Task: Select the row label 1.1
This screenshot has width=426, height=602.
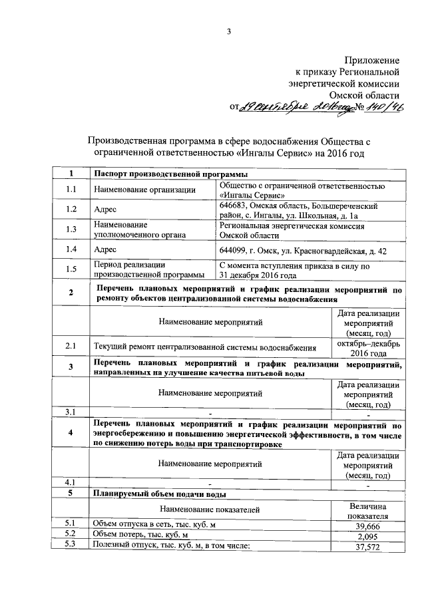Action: click(71, 190)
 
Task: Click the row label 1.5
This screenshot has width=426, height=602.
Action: click(71, 269)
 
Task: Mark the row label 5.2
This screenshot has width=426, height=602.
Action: click(71, 535)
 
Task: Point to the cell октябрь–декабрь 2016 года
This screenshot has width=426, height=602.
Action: click(368, 347)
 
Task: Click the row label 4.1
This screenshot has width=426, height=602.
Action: click(71, 482)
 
